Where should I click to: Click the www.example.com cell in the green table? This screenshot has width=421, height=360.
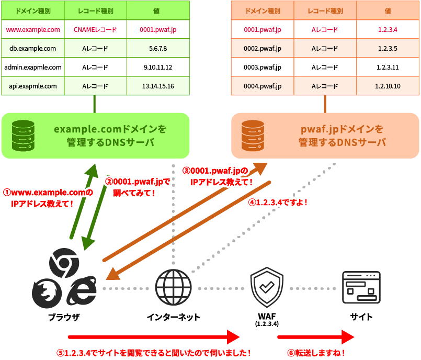pyautogui.click(x=32, y=30)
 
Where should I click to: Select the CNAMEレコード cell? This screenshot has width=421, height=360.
pyautogui.click(x=95, y=30)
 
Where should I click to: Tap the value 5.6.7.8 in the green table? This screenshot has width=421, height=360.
pyautogui.click(x=157, y=49)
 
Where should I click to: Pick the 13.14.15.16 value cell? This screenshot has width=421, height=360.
pyautogui.click(x=157, y=86)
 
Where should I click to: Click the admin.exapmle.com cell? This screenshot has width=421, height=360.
pyautogui.click(x=32, y=67)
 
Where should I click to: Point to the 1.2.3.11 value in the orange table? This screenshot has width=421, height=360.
pyautogui.click(x=388, y=67)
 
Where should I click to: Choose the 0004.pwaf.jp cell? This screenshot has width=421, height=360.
pyautogui.click(x=263, y=86)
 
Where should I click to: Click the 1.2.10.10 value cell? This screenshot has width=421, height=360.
pyautogui.click(x=388, y=86)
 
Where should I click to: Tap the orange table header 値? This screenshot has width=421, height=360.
pyautogui.click(x=388, y=10)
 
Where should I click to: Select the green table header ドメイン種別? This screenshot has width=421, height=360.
pyautogui.click(x=32, y=10)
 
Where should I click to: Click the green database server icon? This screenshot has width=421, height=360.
pyautogui.click(x=22, y=135)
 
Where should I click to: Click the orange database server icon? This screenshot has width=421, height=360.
pyautogui.click(x=253, y=135)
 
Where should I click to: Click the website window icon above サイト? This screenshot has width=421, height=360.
pyautogui.click(x=361, y=288)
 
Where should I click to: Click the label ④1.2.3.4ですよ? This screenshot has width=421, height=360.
pyautogui.click(x=277, y=202)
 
